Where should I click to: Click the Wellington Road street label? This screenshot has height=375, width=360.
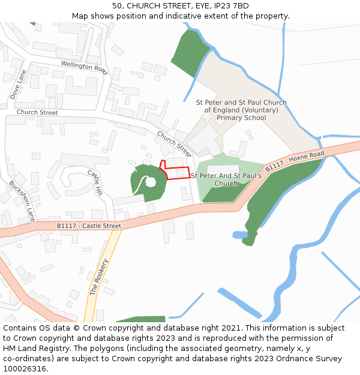point(84,67)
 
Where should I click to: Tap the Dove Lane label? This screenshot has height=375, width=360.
point(18,85)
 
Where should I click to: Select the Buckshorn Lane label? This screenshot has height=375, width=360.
point(22,202)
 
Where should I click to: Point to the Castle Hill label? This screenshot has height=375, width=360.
point(95,182)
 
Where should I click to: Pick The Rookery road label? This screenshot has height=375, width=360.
point(100,277)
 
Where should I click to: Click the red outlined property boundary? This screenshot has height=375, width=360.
point(176,173)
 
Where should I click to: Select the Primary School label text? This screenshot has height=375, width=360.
point(241,118)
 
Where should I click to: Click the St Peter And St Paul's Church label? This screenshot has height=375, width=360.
point(226,179)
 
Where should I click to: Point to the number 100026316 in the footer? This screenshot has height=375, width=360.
point(25,369)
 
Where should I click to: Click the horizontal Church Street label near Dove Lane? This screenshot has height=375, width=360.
point(37,112)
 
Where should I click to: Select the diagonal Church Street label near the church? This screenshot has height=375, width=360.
point(175,141)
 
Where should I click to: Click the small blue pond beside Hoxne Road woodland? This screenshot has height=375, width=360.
point(236,235)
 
